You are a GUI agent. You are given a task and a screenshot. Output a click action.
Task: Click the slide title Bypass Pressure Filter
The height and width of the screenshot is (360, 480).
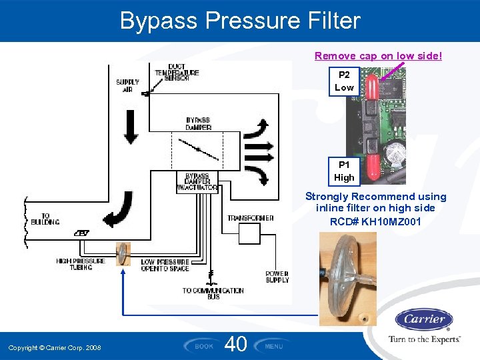[240, 21]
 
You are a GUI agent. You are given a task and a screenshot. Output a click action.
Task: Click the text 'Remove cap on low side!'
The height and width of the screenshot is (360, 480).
[378, 56]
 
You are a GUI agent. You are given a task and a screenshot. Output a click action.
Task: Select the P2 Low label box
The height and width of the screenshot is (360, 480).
[344, 81]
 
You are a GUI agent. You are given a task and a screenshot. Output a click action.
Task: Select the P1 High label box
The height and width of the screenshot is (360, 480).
[344, 171]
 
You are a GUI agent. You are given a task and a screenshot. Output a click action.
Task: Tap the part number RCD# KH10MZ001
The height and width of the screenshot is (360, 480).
[375, 221]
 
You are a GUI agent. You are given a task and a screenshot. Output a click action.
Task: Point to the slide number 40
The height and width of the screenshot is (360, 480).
[236, 344]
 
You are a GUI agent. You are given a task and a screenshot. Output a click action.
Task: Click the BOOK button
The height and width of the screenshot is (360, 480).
[203, 346]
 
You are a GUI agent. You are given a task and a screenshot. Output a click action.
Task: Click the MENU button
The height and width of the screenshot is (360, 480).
[274, 346]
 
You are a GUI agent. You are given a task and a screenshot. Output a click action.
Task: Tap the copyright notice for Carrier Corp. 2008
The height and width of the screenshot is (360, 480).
[55, 348]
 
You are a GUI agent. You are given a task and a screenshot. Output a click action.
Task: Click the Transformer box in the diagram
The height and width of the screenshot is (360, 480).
[250, 233]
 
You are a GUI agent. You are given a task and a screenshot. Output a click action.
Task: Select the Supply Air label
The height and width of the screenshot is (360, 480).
[127, 86]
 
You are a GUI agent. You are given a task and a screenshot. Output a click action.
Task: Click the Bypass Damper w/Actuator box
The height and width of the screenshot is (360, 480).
[197, 183]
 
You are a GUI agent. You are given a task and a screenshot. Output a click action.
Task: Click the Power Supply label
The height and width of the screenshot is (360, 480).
[277, 277]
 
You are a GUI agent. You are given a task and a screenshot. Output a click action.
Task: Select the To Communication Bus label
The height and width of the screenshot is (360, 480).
[213, 293]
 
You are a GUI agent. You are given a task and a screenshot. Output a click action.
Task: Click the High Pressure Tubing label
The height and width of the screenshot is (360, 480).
[81, 264]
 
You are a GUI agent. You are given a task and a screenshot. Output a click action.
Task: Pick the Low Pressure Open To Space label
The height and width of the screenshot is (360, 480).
[165, 265]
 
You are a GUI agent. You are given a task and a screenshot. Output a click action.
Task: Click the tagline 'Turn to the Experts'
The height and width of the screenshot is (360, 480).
[424, 339]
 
